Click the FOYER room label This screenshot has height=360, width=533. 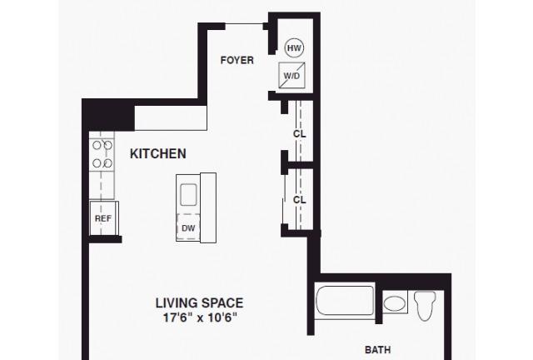coord(237,60)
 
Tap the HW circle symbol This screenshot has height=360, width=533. coord(294,48)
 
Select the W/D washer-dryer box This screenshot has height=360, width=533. coord(291,75)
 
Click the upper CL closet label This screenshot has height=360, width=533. coord(299,133)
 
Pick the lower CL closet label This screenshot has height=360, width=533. coord(299,200)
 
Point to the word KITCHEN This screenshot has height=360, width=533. coord(158,154)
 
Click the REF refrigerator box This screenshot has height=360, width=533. coord(103,218)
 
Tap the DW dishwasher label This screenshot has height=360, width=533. coord(188,228)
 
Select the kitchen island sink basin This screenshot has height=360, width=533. coord(188,195)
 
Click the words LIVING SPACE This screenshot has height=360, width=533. coord(200,302)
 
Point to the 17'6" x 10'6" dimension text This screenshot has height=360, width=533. coord(200,317)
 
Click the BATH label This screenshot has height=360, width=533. coord(377,350)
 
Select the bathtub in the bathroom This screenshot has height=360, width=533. coord(345,301)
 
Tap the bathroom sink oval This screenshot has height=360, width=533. coord(394,302)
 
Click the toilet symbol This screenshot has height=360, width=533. coord(425,306)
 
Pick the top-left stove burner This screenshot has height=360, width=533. coord(97,146)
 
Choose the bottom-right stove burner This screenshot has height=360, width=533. coord(107,163)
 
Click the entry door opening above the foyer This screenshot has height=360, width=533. coord(244,24)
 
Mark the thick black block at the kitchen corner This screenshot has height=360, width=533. coord(109,114)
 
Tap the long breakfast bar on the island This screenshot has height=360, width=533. coord(208,207)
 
